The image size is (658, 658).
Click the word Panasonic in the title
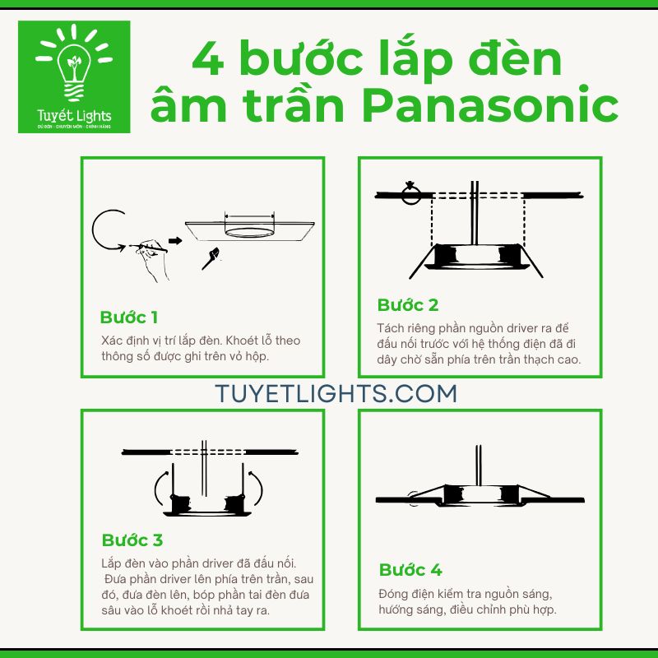[490, 106]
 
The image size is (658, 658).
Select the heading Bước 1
[128, 317]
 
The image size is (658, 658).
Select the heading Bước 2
[408, 305]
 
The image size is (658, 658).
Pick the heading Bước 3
[132, 540]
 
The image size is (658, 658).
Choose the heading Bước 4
[410, 570]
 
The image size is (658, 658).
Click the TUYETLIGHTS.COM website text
[336, 393]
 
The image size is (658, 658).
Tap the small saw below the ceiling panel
[211, 257]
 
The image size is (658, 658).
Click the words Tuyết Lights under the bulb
[74, 116]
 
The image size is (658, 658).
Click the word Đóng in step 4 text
[394, 593]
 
